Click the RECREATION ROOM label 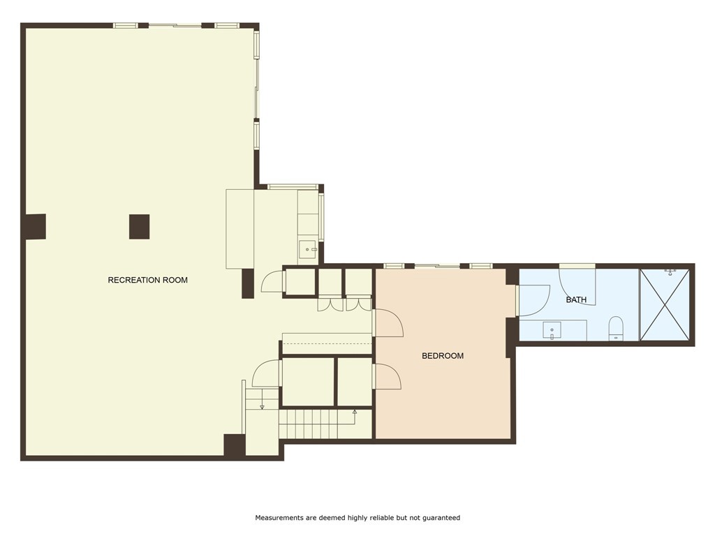click(148, 280)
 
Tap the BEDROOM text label click(442, 356)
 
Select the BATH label click(576, 299)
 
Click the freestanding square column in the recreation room click(139, 227)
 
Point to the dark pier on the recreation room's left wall click(35, 227)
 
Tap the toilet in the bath click(616, 328)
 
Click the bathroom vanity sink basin click(552, 330)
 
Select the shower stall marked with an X click(665, 304)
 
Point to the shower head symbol click(670, 272)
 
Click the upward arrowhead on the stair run click(355, 412)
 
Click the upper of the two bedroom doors click(388, 322)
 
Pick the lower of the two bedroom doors click(387, 376)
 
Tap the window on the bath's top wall click(577, 266)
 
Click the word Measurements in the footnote click(279, 517)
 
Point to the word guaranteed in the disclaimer click(441, 517)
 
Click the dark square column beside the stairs click(235, 445)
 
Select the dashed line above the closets click(327, 343)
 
